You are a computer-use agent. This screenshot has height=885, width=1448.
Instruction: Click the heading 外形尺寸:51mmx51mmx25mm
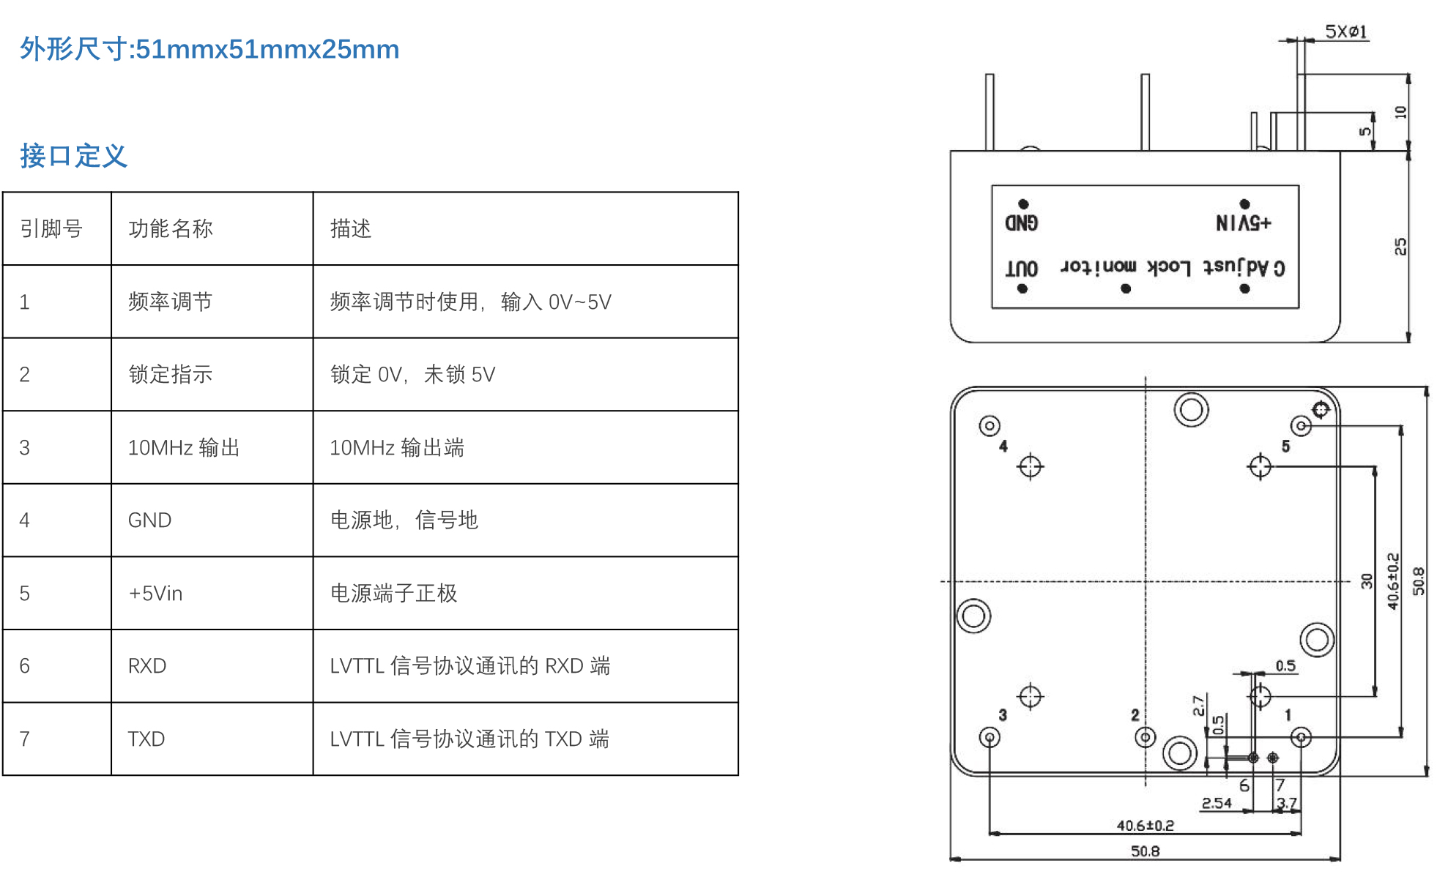[209, 49]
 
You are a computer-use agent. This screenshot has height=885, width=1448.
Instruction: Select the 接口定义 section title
[73, 156]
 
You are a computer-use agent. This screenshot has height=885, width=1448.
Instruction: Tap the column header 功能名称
[171, 229]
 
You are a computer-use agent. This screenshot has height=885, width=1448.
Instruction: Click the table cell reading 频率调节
[171, 302]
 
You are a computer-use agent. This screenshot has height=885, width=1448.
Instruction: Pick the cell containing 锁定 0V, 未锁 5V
[412, 375]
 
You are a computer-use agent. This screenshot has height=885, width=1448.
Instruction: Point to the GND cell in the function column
[150, 520]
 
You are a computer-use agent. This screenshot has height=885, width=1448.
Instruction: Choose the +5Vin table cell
[155, 593]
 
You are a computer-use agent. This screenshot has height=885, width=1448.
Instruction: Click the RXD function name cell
[147, 666]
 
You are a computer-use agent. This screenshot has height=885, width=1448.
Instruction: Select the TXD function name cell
[146, 739]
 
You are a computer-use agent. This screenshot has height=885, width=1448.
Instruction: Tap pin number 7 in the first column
[25, 739]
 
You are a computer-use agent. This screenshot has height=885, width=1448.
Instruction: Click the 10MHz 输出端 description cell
[397, 448]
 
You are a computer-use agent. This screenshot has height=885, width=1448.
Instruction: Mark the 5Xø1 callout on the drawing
[1345, 31]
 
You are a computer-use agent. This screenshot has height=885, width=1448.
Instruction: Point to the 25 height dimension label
[1400, 246]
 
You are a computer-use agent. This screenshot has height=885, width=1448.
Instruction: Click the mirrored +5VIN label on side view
[1243, 223]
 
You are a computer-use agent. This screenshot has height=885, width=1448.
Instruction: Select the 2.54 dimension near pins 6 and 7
[1217, 803]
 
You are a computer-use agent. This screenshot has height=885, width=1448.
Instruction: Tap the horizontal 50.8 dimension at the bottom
[1145, 851]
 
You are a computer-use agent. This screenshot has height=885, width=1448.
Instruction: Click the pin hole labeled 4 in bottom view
[990, 425]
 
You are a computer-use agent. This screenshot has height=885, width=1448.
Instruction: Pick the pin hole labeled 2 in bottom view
[1145, 737]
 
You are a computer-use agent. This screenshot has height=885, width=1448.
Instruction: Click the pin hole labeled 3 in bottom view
[990, 737]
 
